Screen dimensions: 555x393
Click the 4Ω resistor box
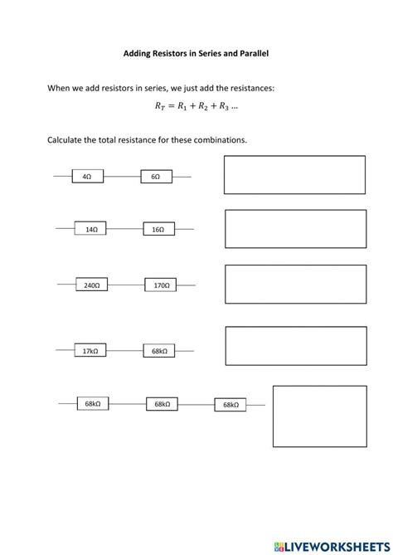tap(87, 177)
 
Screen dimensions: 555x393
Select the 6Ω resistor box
tap(155, 177)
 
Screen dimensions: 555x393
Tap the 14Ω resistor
tap(91, 230)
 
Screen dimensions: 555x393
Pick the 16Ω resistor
tap(158, 230)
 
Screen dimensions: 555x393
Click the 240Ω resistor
tap(92, 285)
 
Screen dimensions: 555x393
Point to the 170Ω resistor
tap(161, 285)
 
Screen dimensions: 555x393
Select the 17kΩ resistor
tap(90, 352)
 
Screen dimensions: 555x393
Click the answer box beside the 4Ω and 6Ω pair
tap(294, 175)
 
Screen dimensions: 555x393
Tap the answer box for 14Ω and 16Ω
tap(295, 229)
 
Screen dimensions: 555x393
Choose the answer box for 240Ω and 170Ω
tap(295, 284)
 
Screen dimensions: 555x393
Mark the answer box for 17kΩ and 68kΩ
tap(295, 346)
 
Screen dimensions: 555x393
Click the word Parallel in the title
tap(252, 53)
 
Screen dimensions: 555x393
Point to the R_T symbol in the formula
tap(160, 107)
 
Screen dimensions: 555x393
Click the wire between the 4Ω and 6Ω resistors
tap(121, 177)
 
